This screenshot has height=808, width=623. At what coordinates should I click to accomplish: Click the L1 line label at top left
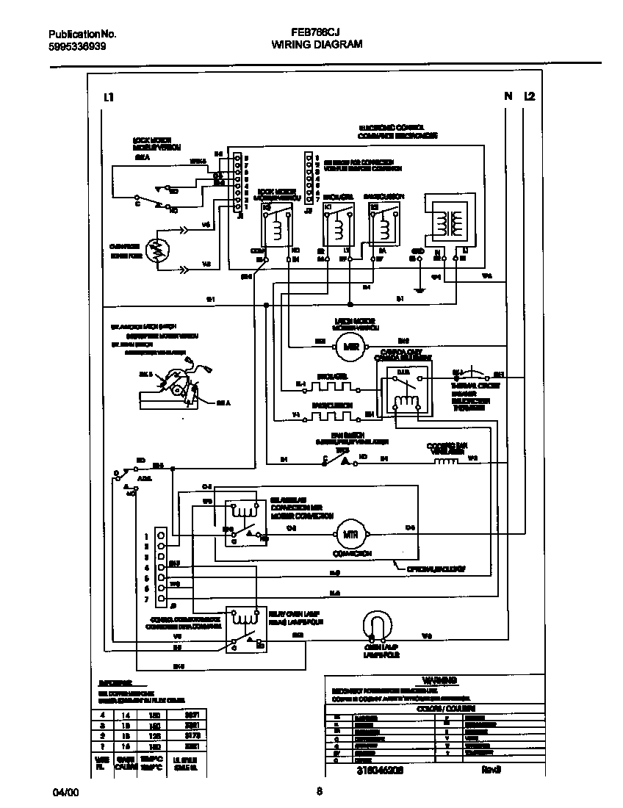click(108, 96)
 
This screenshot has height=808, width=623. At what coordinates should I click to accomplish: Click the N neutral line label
click(507, 96)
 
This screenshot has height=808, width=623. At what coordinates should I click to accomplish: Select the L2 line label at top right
click(530, 96)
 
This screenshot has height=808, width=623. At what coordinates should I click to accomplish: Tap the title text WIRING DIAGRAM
click(317, 44)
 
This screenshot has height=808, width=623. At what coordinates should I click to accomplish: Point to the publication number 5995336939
click(77, 45)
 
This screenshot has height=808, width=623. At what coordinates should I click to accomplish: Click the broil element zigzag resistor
click(331, 383)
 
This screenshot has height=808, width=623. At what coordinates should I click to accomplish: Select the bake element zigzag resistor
click(331, 415)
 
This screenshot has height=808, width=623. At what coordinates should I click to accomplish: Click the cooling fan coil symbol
click(445, 461)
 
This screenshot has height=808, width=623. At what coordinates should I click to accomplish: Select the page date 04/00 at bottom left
click(64, 793)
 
